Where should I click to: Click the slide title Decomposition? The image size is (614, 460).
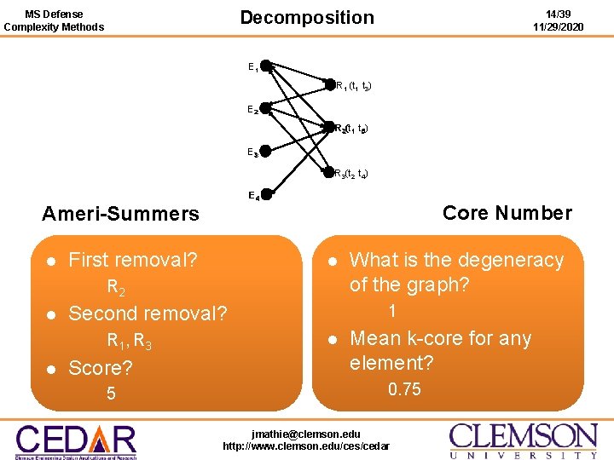tap(306, 18)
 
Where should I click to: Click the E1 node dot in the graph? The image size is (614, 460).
tap(265, 66)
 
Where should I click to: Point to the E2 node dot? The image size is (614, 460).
tap(265, 108)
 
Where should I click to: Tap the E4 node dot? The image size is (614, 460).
tap(265, 194)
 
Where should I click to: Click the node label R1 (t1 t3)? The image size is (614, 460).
tap(352, 86)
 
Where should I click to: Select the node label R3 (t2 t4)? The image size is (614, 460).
tap(350, 174)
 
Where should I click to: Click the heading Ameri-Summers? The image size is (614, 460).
tap(120, 214)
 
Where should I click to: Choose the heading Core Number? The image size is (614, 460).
tap(507, 213)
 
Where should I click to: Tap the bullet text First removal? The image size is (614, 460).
tap(132, 260)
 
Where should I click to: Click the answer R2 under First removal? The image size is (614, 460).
tap(117, 287)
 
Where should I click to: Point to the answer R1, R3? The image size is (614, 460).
tap(130, 342)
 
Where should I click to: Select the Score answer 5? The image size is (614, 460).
tap(111, 394)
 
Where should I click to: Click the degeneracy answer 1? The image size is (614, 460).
tap(392, 311)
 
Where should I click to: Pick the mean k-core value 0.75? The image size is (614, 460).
tap(404, 389)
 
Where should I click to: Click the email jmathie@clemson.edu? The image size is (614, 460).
tap(306, 434)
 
